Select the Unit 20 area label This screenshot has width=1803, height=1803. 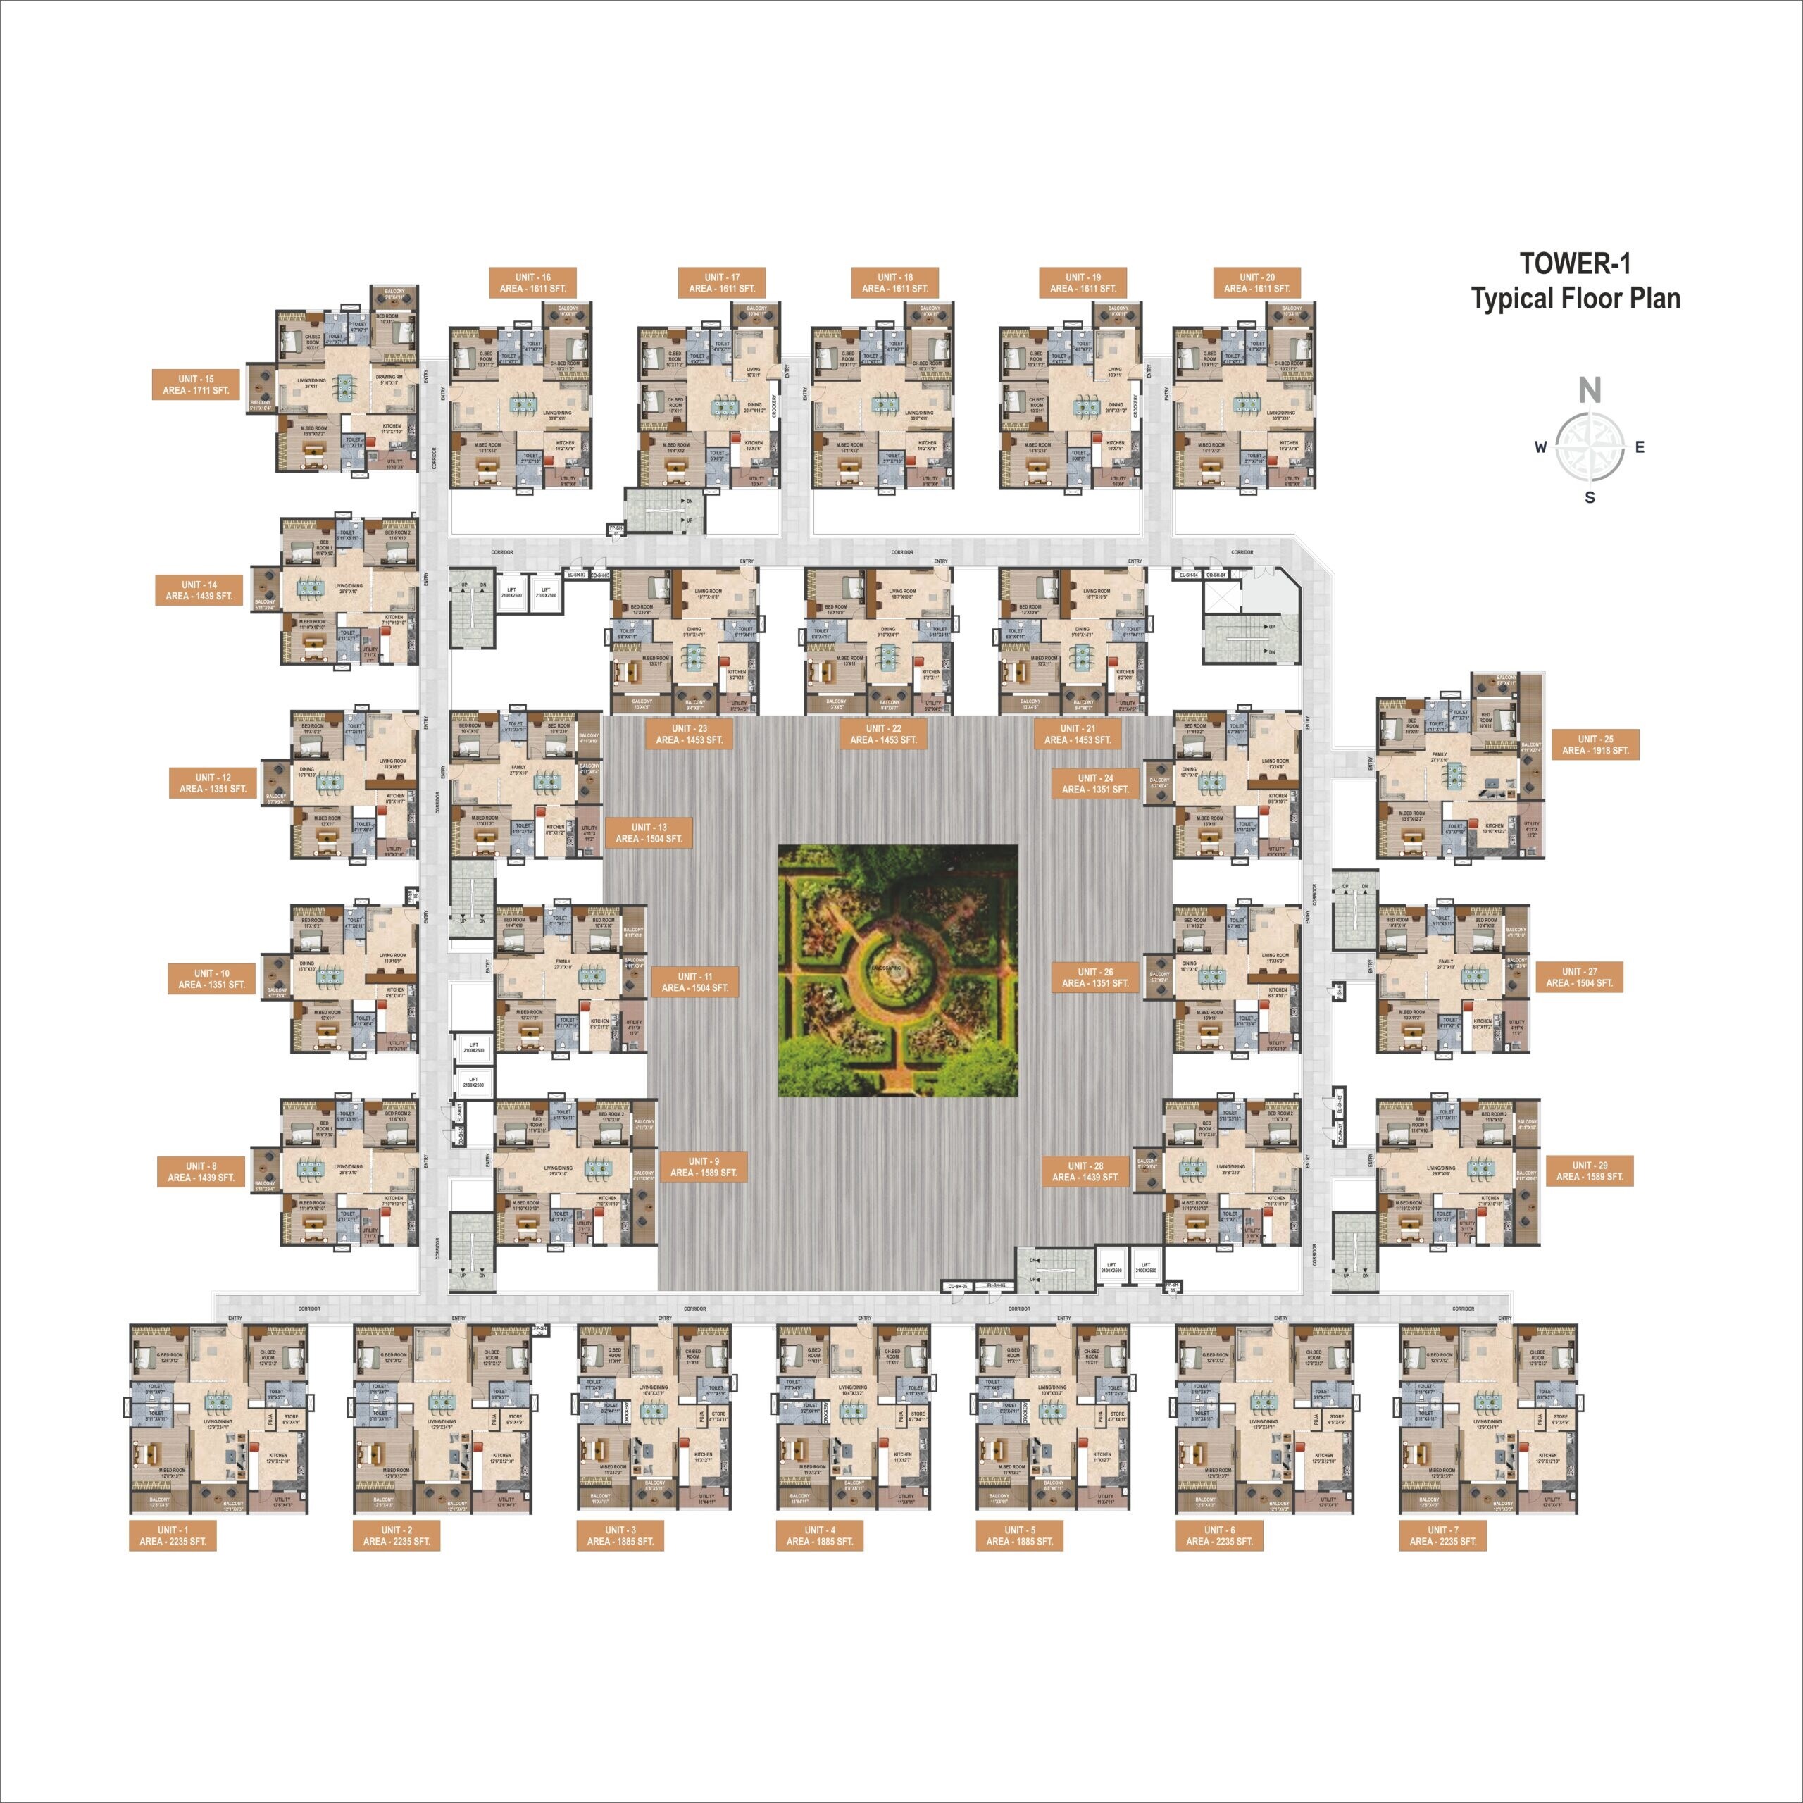pos(1256,282)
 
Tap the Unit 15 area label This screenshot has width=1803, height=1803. pos(196,385)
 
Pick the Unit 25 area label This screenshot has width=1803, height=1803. pos(1595,744)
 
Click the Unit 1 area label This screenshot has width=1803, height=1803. pos(173,1535)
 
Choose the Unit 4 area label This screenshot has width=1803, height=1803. pos(819,1535)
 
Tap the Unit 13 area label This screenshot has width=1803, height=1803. pos(649,832)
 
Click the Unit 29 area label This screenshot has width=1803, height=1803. pos(1590,1171)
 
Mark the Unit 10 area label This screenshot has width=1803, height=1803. pos(212,979)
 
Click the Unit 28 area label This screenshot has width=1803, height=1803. pos(1085,1171)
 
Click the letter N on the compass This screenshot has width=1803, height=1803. pos(1590,390)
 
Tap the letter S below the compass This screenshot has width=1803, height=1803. pos(1590,497)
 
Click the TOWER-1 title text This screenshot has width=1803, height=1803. pos(1576,264)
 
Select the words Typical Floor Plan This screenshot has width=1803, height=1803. pos(1576,299)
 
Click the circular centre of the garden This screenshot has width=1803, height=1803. pos(896,970)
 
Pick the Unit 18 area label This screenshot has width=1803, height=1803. pos(895,282)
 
